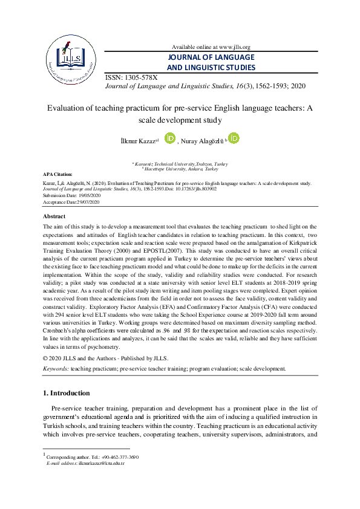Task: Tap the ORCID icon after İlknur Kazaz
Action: [170, 139]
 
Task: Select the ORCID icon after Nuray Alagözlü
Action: [234, 138]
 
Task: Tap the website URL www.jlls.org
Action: [233, 47]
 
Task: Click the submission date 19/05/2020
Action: [88, 195]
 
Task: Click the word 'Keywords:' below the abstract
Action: [56, 368]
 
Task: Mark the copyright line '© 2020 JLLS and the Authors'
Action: [96, 358]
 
